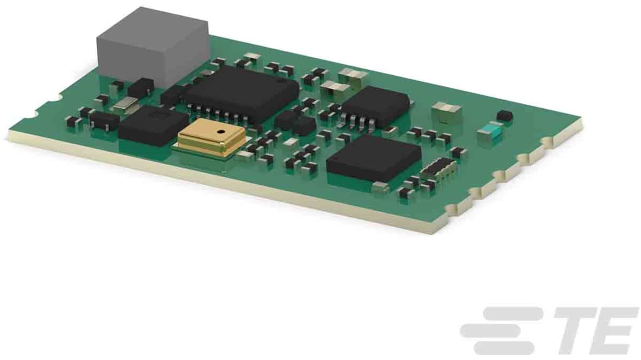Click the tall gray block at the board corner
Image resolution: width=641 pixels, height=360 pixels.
(x=153, y=47)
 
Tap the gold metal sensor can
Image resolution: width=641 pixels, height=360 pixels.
(x=211, y=137)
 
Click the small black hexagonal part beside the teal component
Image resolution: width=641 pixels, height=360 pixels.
(x=505, y=115)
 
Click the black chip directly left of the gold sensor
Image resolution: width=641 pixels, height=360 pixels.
(x=153, y=126)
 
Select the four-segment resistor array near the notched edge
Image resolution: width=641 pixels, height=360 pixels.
(x=438, y=169)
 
